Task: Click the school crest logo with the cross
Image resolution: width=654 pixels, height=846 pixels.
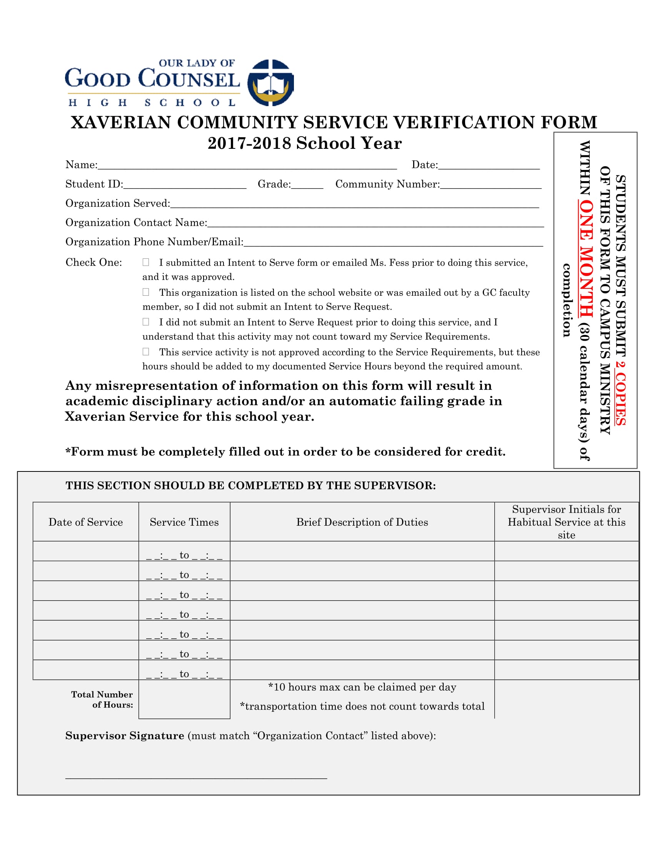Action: [270, 83]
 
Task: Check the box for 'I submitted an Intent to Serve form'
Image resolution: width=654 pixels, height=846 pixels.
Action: [146, 262]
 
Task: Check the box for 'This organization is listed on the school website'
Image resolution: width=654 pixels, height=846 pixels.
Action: [146, 292]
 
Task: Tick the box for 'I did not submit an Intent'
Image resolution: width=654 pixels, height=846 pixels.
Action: [146, 322]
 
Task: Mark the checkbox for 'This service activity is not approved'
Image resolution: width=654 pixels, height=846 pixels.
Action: [146, 352]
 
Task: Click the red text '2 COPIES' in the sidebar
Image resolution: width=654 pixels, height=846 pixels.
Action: [620, 393]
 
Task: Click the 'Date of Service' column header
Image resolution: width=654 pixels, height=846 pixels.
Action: [86, 522]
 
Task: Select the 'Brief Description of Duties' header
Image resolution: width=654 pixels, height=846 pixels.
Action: [362, 522]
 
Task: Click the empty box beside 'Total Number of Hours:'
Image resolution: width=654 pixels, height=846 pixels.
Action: [184, 699]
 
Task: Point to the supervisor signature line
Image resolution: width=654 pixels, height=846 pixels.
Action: [196, 776]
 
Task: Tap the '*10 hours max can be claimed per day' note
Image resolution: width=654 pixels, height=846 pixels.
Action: [362, 687]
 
